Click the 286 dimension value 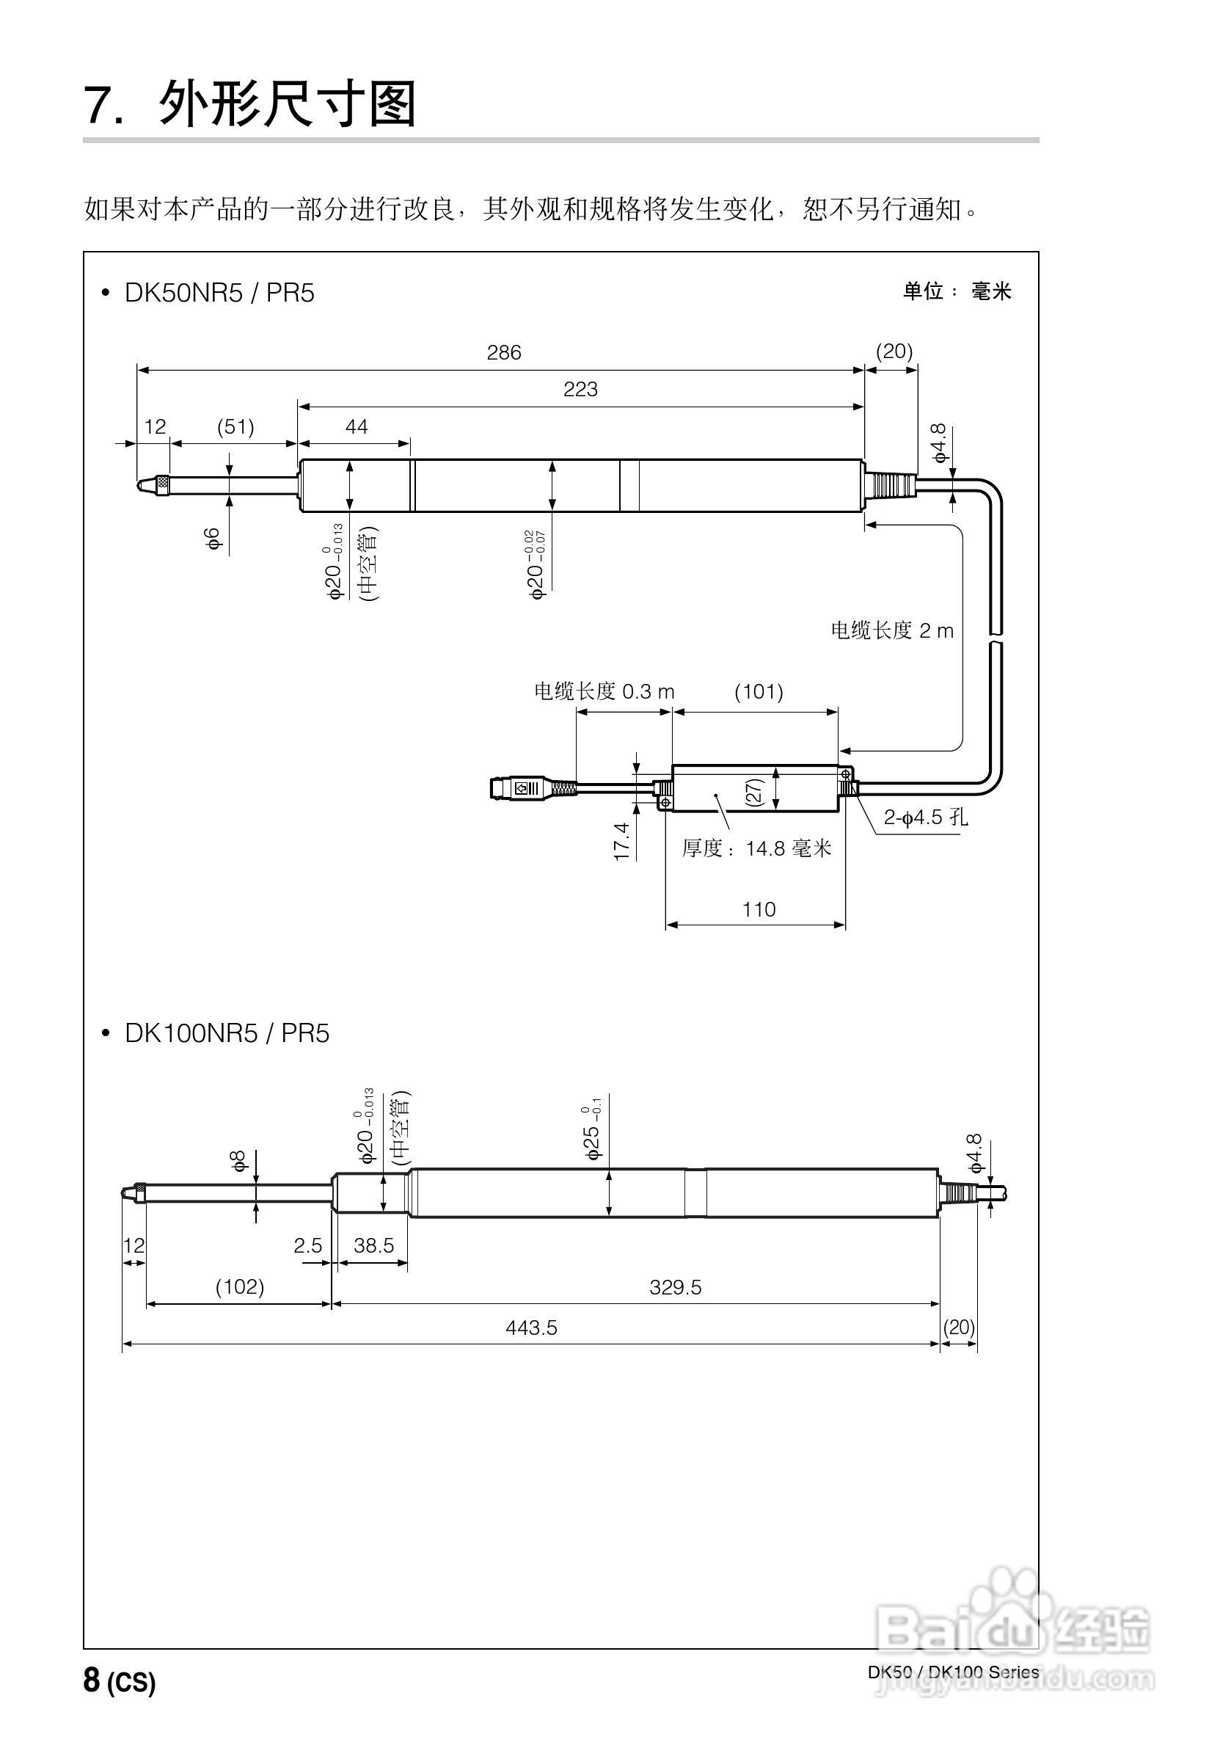coord(503,352)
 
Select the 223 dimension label coord(580,389)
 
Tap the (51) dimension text coord(235,426)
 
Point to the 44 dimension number coord(357,426)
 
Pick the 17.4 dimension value coord(623,840)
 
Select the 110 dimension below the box coord(759,909)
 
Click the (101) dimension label coord(759,691)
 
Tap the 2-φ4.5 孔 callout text coord(925,817)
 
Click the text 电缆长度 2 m coord(891,630)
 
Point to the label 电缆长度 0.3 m coord(604,691)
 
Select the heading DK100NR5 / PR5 coord(226,1033)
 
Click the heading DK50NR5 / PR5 coord(219,293)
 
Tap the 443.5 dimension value coord(531,1328)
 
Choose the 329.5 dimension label coord(675,1287)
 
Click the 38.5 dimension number coord(374,1245)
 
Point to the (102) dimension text coord(240,1286)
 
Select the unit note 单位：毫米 coord(957,291)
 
